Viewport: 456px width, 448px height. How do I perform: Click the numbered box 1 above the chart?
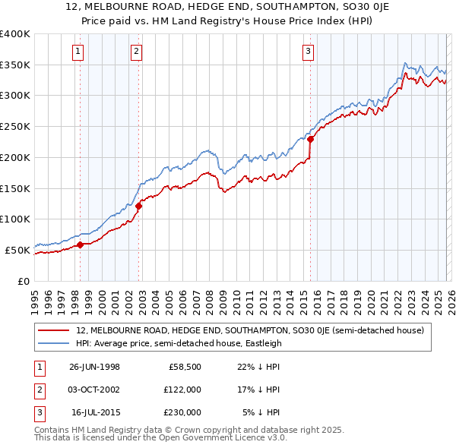coord(79,52)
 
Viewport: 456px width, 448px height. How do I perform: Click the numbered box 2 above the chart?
coord(136,52)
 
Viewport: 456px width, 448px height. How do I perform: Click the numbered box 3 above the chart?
coord(308,52)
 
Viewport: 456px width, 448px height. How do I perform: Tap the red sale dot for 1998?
coord(81,244)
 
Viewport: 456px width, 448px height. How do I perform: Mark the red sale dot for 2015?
coord(310,139)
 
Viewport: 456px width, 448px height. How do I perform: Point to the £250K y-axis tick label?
coord(15,127)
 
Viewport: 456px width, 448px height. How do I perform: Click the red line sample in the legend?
coord(55,330)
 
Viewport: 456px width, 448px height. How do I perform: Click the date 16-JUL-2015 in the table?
coord(94,412)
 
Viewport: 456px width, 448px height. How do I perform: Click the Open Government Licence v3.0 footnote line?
coord(160,438)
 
